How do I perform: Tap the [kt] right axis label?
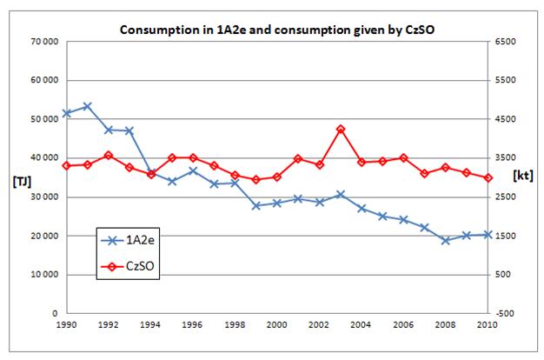(523, 175)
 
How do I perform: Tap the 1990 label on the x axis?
(66, 323)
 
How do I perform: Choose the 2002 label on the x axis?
(319, 323)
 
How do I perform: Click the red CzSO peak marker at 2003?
(341, 130)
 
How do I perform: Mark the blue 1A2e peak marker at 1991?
(87, 106)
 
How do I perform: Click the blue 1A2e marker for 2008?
(446, 240)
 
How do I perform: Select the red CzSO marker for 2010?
(488, 177)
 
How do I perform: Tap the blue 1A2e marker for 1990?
(66, 113)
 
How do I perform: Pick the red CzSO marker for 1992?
(108, 156)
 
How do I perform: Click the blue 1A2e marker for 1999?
(256, 205)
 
